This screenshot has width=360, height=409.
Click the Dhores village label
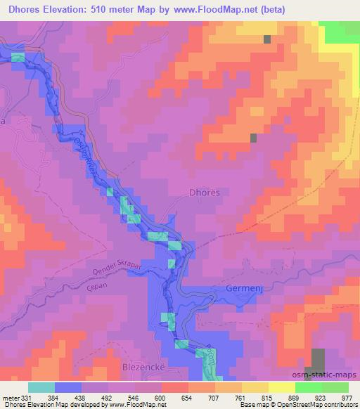pyautogui.click(x=205, y=192)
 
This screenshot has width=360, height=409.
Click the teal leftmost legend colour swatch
pyautogui.click(x=41, y=387)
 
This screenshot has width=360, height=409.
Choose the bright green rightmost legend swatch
pyautogui.click(x=335, y=387)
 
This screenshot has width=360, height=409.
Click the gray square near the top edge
pyautogui.click(x=267, y=39)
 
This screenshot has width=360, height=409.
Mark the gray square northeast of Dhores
pyautogui.click(x=254, y=138)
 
